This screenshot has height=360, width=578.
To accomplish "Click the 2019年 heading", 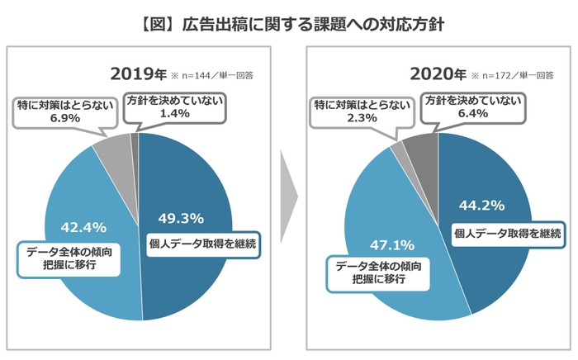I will [x=138, y=73].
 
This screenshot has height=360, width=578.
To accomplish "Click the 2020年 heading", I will [x=438, y=73].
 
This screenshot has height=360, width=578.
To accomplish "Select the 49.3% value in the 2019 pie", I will [x=180, y=218].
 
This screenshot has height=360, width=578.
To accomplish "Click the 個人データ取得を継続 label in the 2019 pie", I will [x=202, y=244].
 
